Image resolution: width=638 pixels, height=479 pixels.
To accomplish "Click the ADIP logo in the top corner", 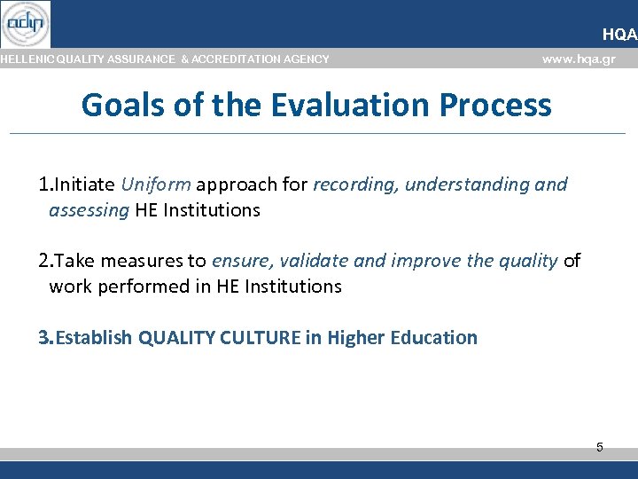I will click(26, 24).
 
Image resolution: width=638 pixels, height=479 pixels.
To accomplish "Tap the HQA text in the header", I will click(619, 35).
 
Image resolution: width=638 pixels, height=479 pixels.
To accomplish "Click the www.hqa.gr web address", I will click(578, 59).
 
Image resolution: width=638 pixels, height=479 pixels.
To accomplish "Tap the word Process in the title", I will click(500, 105).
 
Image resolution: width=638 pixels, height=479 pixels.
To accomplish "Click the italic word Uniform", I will click(156, 185).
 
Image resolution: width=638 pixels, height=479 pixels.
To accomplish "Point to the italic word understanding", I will click(467, 185).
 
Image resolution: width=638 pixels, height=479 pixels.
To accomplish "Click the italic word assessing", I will click(89, 210).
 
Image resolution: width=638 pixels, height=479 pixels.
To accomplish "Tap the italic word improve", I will click(422, 261).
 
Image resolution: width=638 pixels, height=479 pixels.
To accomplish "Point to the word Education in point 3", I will click(436, 337).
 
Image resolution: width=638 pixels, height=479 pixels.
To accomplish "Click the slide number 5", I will click(599, 447).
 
